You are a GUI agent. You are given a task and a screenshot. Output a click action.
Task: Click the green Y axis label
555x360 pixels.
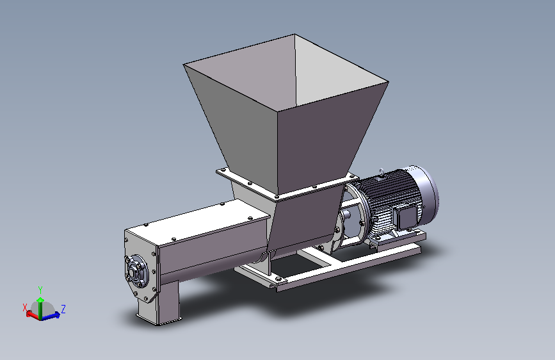(40, 290)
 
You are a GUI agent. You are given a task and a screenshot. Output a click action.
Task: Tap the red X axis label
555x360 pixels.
(25, 307)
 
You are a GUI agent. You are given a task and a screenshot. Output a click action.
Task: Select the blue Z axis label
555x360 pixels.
(63, 309)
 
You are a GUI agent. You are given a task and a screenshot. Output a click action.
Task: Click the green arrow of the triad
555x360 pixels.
(40, 308)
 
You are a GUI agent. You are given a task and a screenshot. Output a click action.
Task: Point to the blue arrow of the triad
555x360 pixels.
(51, 316)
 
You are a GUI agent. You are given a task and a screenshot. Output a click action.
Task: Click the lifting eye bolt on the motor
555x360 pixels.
(382, 172)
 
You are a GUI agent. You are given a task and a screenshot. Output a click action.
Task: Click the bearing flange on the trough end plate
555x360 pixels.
(135, 272)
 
